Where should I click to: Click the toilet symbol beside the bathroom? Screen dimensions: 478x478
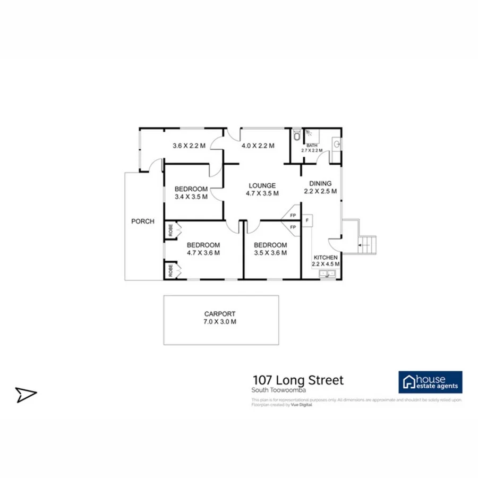pos(296,135)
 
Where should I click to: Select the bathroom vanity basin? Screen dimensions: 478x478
pos(337,143)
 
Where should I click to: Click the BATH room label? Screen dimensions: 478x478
pos(311,146)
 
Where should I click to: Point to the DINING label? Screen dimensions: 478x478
pos(320,184)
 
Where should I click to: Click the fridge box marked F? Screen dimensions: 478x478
pos(307,218)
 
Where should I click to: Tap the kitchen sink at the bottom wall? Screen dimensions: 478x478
pos(327,274)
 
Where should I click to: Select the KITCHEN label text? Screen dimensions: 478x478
pos(325,257)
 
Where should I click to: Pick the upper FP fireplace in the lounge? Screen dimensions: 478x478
pos(293,215)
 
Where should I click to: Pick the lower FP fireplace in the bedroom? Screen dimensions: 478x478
pos(293,227)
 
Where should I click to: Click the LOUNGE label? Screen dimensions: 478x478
pos(262,185)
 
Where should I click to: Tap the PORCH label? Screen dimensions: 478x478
pos(143,221)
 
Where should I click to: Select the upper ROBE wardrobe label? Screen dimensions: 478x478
pos(170,231)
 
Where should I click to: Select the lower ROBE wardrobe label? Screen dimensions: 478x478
pos(170,270)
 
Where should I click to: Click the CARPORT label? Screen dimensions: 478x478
pos(220,314)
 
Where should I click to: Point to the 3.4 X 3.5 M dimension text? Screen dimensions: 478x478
pos(191,197)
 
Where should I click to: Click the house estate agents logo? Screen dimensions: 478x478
pos(430,382)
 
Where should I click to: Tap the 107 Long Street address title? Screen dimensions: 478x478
pos(297,380)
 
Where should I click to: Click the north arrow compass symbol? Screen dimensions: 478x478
pos(25,394)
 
